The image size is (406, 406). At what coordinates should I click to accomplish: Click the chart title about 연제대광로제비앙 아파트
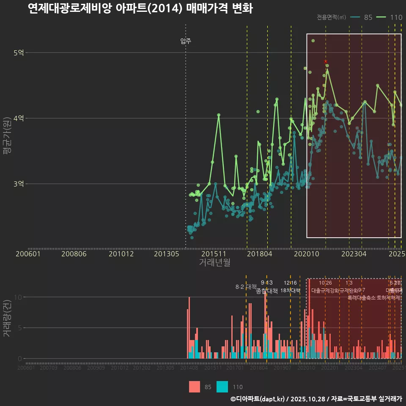tap(140, 8)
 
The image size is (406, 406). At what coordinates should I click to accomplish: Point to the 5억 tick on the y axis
tap(19, 53)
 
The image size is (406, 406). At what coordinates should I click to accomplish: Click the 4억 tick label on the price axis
tap(19, 118)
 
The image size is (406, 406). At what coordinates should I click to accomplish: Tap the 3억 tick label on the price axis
tap(19, 184)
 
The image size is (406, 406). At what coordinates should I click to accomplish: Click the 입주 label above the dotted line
tap(186, 41)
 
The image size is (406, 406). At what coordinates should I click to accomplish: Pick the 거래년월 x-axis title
tap(214, 262)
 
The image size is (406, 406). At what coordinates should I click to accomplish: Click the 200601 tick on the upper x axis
tap(28, 254)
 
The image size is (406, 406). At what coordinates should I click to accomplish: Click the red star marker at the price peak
tap(325, 62)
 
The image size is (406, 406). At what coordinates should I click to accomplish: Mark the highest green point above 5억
tap(313, 41)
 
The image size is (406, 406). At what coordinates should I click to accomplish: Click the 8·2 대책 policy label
tap(246, 286)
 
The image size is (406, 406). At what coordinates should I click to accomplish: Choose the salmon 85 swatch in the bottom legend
tap(195, 387)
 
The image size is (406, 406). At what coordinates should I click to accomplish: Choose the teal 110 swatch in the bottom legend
tap(222, 387)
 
